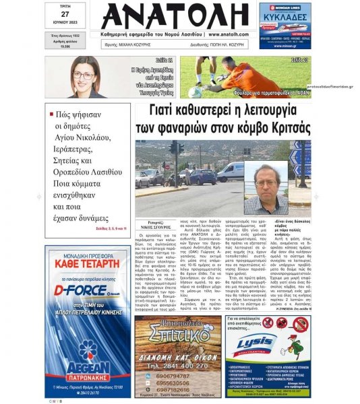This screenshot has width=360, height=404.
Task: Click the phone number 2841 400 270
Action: pos(178,366)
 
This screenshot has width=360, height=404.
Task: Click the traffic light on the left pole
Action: pos(173,148)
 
